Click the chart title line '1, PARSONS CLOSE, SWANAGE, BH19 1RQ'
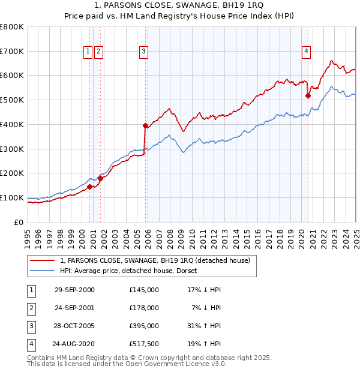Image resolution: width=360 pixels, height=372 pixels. (180, 6)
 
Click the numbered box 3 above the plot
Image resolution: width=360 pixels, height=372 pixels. (144, 52)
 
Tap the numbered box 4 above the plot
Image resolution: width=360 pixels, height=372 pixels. (306, 52)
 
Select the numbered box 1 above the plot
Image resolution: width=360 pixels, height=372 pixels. (88, 52)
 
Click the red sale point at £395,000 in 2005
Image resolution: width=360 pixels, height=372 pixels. (145, 125)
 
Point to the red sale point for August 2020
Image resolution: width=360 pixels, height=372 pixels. (308, 95)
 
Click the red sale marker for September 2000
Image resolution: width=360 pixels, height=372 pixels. (89, 187)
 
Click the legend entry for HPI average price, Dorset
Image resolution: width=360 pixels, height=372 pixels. (133, 271)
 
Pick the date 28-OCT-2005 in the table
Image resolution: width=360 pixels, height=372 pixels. (74, 327)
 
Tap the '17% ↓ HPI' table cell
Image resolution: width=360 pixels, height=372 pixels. (204, 290)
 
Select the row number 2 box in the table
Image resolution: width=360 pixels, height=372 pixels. (31, 308)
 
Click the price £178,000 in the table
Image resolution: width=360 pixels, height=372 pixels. (143, 308)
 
